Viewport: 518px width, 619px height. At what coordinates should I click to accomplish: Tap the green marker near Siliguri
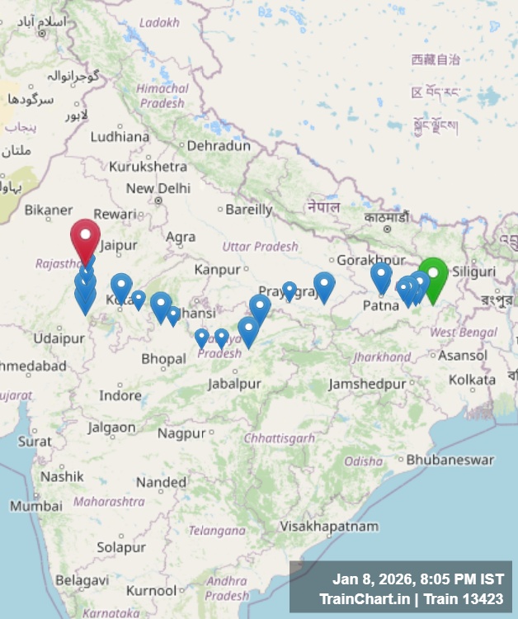(433, 275)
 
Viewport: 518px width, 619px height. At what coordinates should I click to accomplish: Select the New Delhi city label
(158, 188)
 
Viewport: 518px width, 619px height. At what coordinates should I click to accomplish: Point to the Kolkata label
(473, 379)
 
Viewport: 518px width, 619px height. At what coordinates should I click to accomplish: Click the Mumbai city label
(36, 505)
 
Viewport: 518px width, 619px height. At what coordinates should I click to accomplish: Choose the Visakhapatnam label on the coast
(329, 526)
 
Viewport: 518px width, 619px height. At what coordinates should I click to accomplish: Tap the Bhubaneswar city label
(450, 460)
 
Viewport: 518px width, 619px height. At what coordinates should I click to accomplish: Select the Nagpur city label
(181, 433)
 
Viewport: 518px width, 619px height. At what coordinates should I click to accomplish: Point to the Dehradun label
(219, 145)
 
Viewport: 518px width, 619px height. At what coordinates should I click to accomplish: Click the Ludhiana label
(120, 137)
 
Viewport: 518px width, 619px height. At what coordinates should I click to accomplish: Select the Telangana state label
(217, 531)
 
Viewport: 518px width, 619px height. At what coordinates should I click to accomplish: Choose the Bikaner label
(49, 210)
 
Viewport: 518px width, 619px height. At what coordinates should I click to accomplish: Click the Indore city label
(120, 395)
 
